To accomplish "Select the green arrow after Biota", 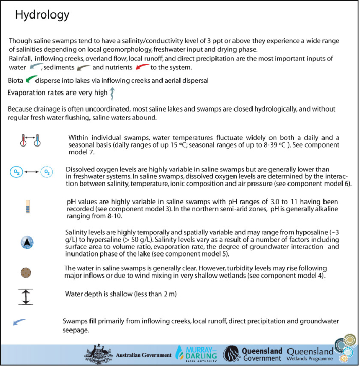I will pos(31,79).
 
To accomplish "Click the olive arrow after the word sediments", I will pos(83,67).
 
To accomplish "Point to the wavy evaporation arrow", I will pos(113,93).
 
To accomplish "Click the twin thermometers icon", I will pos(29,140).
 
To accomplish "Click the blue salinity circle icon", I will pos(27,243).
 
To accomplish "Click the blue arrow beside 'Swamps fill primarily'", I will pos(20,322).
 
